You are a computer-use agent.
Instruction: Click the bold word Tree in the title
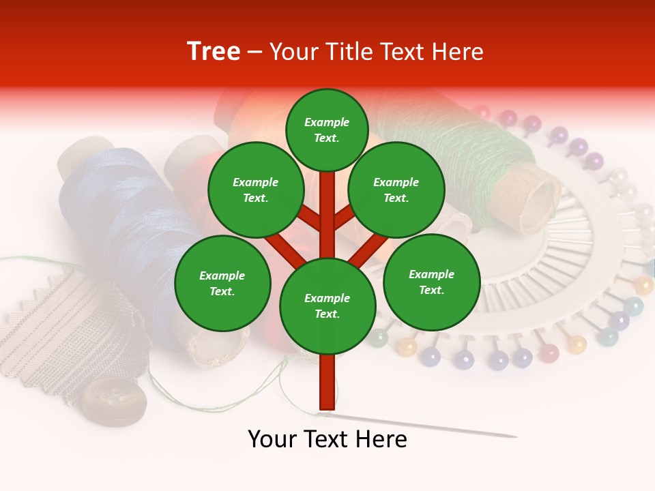(214, 52)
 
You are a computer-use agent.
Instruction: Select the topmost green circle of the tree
(327, 130)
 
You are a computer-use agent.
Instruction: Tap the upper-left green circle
(256, 190)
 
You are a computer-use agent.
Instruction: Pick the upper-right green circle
(396, 190)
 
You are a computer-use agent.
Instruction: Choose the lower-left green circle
(222, 284)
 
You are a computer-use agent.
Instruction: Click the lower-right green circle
(432, 282)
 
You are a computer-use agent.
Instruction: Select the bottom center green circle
(327, 306)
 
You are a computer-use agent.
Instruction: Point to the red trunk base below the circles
(327, 382)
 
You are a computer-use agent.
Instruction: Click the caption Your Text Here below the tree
(327, 439)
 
